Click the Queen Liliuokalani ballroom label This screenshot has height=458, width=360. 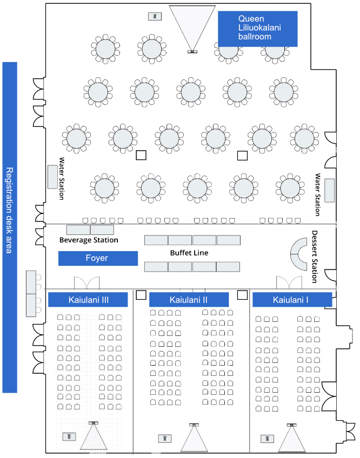pyautogui.click(x=258, y=28)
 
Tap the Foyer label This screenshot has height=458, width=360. pyautogui.click(x=98, y=258)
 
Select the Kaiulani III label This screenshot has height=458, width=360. pyautogui.click(x=88, y=299)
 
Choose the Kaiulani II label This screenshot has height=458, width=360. pyautogui.click(x=189, y=299)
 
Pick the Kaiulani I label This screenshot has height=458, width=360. pyautogui.click(x=291, y=299)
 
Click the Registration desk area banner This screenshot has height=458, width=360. pyautogui.click(x=10, y=227)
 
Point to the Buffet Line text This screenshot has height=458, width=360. pyautogui.click(x=189, y=253)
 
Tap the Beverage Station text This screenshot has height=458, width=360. pyautogui.click(x=89, y=240)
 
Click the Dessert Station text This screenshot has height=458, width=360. pyautogui.click(x=315, y=257)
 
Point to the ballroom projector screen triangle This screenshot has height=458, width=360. pyautogui.click(x=192, y=27)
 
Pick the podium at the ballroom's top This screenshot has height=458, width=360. pyautogui.click(x=155, y=16)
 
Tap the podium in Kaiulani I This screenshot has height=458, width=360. pyautogui.click(x=266, y=439)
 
